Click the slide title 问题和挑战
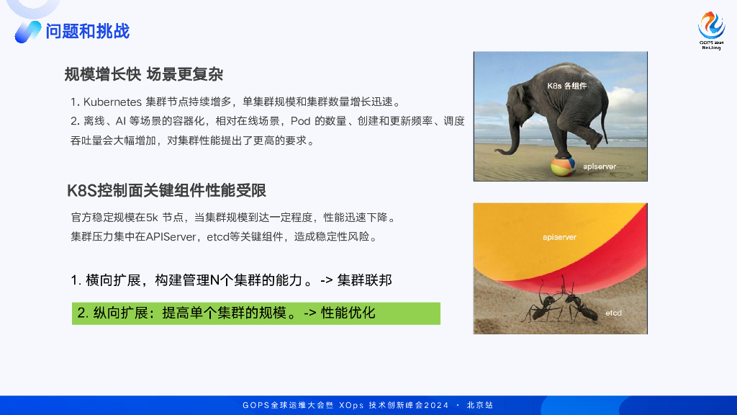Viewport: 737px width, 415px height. point(87,31)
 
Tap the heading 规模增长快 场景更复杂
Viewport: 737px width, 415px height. point(144,74)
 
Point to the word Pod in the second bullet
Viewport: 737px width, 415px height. point(300,121)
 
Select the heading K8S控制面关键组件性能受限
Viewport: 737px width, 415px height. point(166,190)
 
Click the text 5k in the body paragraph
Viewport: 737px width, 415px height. point(153,217)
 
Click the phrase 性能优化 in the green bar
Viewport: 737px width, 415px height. point(348,313)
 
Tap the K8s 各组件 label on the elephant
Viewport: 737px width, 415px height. point(567,85)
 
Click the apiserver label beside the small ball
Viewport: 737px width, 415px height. point(599,166)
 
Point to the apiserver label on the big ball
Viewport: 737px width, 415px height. point(559,236)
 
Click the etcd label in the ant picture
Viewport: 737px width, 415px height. point(613,313)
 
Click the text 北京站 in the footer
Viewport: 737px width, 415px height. point(480,406)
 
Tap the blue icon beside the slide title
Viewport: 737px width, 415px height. point(28,31)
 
